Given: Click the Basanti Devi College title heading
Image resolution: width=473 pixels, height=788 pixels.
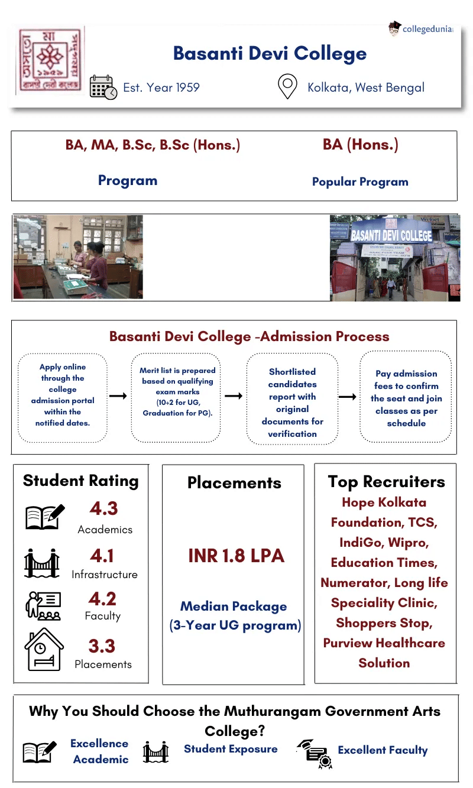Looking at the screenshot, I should (x=270, y=53).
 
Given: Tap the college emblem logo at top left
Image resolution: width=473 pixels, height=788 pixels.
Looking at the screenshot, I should (x=50, y=59).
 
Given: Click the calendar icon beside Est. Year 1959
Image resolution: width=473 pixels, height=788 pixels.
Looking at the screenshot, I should (x=103, y=87).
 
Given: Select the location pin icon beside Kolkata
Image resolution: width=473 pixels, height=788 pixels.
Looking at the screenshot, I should (x=287, y=87).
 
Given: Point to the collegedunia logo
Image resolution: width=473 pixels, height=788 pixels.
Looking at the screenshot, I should (x=420, y=28).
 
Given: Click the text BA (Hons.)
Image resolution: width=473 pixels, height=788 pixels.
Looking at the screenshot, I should (x=360, y=145).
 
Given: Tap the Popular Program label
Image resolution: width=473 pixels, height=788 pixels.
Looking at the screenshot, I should (x=360, y=181).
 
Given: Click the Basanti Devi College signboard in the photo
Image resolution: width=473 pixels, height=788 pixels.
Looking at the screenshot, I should (x=391, y=234).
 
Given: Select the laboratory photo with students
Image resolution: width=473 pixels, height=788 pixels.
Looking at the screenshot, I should (x=78, y=257).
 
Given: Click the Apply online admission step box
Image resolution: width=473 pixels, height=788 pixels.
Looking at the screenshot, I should (x=63, y=395).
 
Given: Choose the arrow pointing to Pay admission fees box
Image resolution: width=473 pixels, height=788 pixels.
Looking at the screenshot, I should (x=348, y=395).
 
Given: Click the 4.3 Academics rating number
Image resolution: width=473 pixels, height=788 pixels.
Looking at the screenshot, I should (x=103, y=508).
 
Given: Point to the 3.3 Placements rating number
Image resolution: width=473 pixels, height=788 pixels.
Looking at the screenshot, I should (x=102, y=646).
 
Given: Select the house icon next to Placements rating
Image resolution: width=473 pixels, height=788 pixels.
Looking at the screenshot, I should (x=44, y=649).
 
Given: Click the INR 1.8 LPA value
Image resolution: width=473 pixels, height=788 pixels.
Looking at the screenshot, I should (x=236, y=556).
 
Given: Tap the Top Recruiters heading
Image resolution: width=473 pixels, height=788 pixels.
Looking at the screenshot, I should (x=386, y=481).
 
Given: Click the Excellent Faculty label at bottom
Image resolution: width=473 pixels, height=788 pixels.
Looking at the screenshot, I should (x=383, y=750).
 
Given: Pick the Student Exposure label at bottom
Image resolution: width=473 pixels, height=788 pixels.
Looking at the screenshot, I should (x=231, y=749).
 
